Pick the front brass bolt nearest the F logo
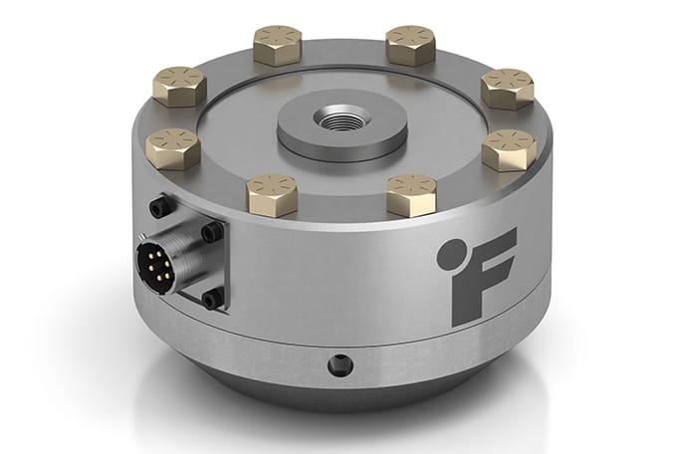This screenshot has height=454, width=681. (411, 194)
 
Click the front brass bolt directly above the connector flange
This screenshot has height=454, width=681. (271, 194)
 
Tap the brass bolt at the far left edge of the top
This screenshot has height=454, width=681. (173, 149)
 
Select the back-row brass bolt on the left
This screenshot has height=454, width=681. (276, 46)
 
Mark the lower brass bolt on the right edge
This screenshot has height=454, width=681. (509, 151)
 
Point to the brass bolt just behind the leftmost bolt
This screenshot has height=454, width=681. (180, 88)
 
